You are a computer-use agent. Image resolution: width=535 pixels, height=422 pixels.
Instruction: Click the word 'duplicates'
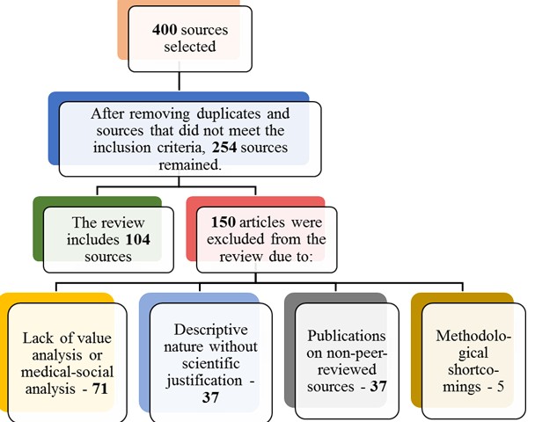[x=236, y=113]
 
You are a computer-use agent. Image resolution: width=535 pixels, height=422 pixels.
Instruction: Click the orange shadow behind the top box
[x=123, y=35]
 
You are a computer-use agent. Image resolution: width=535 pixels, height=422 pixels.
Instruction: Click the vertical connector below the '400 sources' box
[x=180, y=81]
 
